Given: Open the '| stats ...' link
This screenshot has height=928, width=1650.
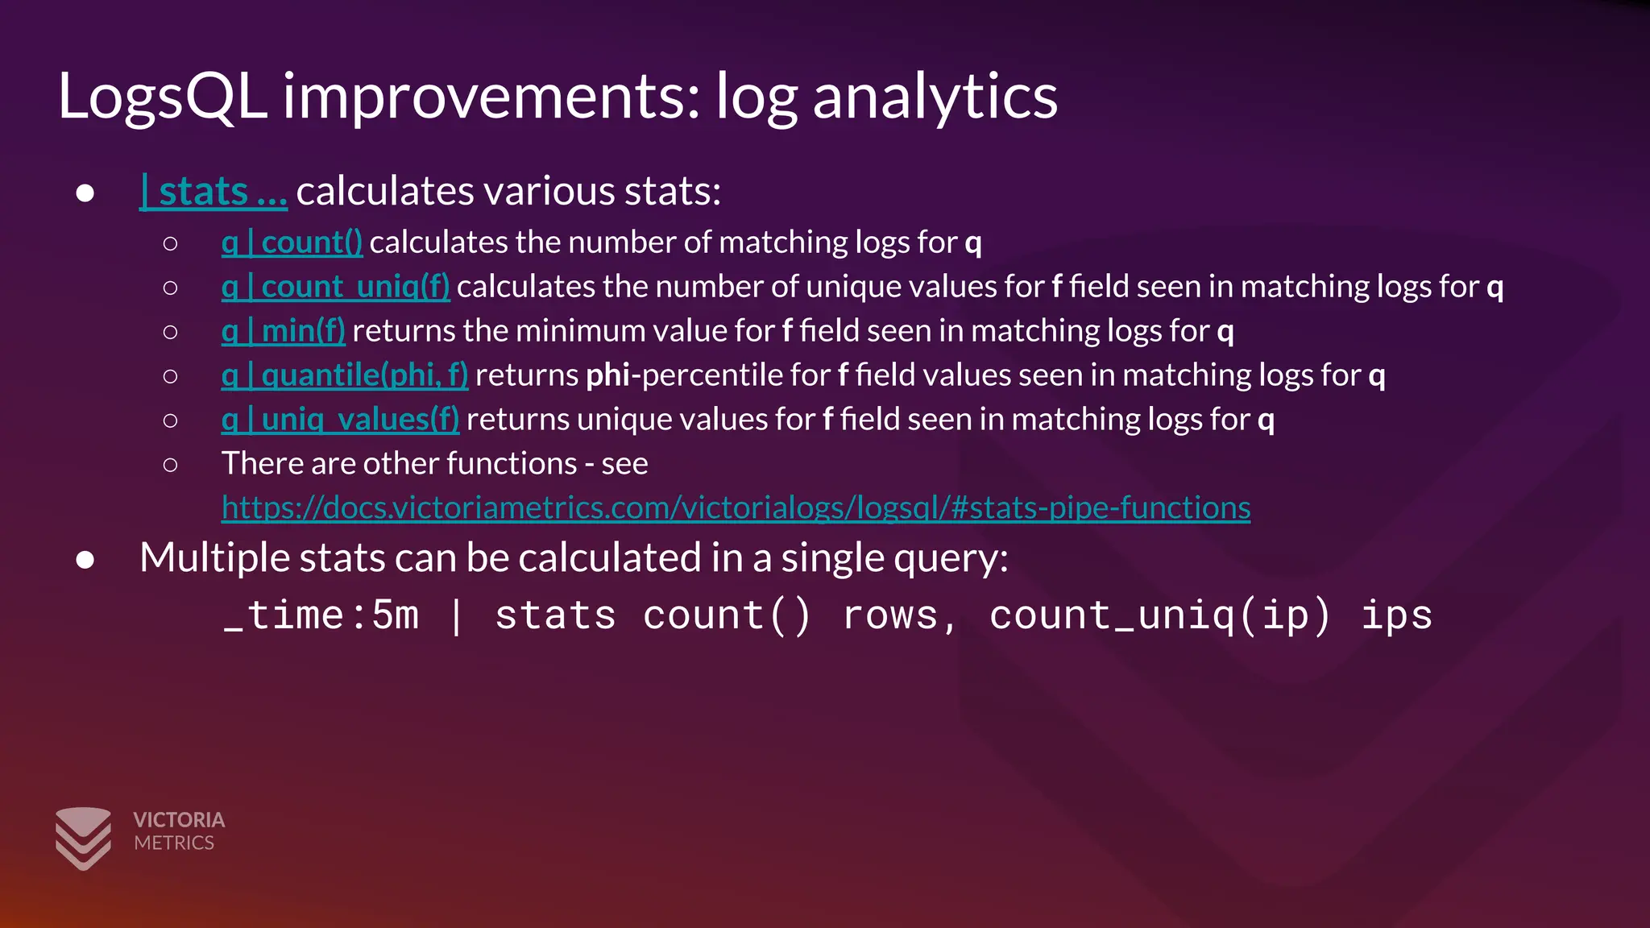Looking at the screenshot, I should point(214,192).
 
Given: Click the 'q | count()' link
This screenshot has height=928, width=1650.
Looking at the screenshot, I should point(292,242).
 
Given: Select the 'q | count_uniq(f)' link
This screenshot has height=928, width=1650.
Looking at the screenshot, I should point(335,287).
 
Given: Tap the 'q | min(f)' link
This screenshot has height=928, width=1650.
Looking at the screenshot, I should point(283,331).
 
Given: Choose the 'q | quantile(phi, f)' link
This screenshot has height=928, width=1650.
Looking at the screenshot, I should point(344,375).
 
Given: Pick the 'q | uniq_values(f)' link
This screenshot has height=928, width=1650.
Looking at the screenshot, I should point(340,420).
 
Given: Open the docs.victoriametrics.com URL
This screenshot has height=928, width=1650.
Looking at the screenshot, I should point(736,508).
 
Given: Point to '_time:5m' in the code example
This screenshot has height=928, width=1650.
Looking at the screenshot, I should point(321,616).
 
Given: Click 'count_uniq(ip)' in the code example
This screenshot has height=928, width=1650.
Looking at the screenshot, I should point(1159,616).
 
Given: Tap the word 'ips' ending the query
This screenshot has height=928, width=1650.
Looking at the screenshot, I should point(1396,616).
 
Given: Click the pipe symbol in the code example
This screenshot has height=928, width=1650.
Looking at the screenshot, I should point(456,616).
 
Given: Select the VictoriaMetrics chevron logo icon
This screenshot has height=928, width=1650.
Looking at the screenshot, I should point(83,838).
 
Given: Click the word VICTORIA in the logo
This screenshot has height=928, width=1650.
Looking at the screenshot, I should point(179,820).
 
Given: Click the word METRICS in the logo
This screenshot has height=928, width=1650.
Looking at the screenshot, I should point(174,843).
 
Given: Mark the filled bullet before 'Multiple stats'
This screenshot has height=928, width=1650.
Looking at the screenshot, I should point(85,560).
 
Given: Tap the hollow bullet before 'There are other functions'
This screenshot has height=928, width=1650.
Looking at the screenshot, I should point(170,465).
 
